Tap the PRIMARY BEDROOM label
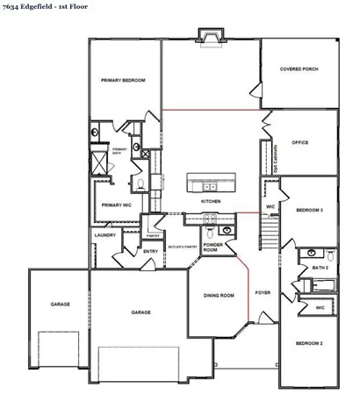coord(122,80)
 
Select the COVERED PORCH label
coord(298,68)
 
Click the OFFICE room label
coord(300,141)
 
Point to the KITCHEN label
coord(210,202)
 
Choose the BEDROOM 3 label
coord(309,211)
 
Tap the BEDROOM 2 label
coord(309,342)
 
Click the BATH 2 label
coord(320,267)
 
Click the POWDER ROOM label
coord(214,248)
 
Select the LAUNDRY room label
coord(104,235)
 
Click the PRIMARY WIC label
coord(117,205)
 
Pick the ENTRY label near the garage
coord(150,251)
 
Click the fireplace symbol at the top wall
coord(210,36)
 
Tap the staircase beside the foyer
coord(270,230)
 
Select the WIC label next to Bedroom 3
coord(270,208)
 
